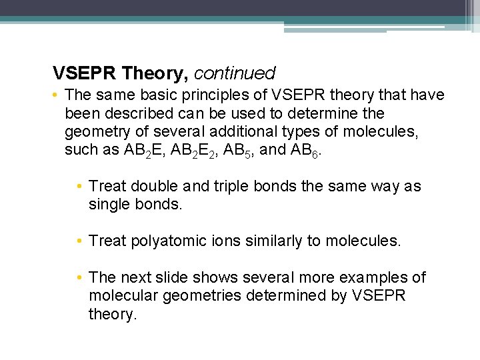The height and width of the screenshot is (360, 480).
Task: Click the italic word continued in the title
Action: click(234, 72)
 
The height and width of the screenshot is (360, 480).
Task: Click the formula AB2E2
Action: click(192, 150)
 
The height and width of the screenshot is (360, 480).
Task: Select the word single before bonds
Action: click(109, 205)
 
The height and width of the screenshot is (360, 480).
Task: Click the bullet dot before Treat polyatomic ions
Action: click(80, 241)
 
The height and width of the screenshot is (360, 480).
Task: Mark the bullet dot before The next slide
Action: click(80, 278)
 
